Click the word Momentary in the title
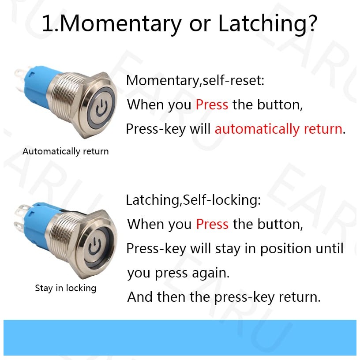click(121, 24)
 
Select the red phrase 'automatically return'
click(278, 129)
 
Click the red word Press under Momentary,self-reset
click(212, 105)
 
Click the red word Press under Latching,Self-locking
click(212, 224)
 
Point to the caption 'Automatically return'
click(65, 151)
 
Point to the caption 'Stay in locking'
click(65, 288)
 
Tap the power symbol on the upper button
click(101, 108)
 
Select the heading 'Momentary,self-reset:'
click(195, 81)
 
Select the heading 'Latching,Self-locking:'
click(193, 200)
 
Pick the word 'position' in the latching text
click(285, 249)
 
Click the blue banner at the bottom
click(180, 338)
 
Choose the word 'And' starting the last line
click(140, 297)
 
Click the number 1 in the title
click(48, 24)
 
